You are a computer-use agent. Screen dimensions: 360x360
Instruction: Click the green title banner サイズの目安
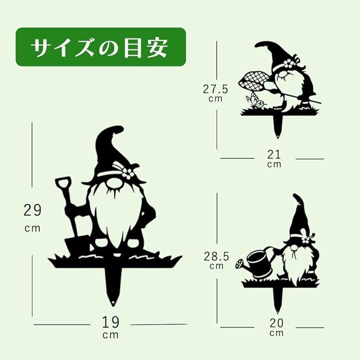[100, 47]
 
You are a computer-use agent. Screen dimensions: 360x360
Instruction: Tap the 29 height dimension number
[32, 210]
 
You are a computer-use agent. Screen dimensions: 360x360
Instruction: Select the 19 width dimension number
[110, 322]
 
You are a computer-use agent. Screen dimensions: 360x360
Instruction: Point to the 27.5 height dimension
[215, 89]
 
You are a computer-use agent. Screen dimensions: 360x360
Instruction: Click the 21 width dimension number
[274, 154]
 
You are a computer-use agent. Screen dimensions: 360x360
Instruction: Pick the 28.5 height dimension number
[216, 256]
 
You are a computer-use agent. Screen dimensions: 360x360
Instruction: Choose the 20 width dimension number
[276, 323]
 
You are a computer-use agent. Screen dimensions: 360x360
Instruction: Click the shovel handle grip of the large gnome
[63, 183]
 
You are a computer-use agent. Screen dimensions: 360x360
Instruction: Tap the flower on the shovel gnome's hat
[127, 173]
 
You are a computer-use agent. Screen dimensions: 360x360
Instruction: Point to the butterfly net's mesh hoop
[254, 82]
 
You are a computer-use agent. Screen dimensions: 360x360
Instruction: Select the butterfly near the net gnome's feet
[255, 102]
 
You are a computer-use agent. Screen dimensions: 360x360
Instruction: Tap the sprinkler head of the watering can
[240, 263]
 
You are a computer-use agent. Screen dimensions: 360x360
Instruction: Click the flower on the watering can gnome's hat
[305, 240]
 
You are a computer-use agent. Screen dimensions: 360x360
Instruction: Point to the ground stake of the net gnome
[277, 126]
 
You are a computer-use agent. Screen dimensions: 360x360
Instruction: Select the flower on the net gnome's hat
[288, 63]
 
